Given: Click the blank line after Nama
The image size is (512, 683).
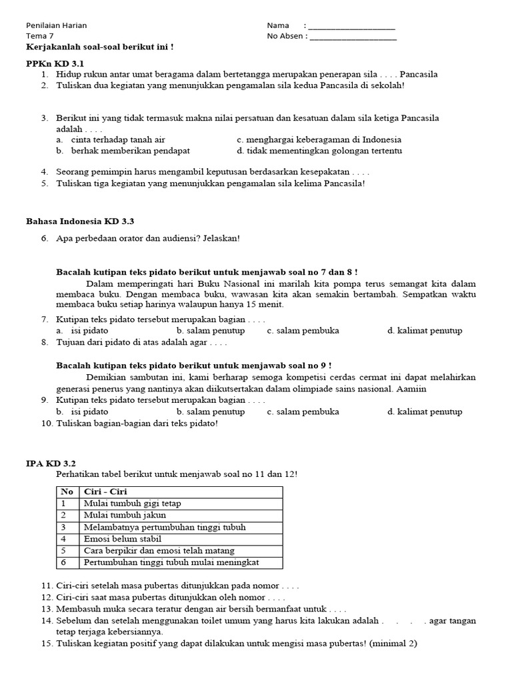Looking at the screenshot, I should [352, 27].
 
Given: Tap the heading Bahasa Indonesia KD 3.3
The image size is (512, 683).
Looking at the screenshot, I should [84, 221].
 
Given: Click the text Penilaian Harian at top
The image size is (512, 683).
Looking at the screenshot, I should [56, 26].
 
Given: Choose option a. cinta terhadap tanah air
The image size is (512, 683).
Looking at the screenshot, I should [111, 140].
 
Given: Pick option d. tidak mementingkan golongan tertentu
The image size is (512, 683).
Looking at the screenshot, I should [319, 151].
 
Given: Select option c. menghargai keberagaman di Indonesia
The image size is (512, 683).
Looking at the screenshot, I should [319, 140].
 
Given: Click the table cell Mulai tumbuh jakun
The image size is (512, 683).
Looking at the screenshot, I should [125, 515].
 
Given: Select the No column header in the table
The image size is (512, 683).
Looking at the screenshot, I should [67, 492].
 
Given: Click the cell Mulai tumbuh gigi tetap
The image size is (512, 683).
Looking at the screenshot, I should [132, 504].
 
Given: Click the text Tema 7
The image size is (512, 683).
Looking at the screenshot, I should [39, 37].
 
